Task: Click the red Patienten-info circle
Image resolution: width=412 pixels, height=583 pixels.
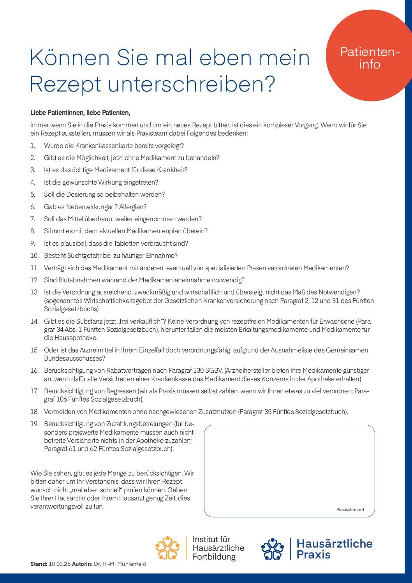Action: point(369,56)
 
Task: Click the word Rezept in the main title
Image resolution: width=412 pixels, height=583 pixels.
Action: point(65,84)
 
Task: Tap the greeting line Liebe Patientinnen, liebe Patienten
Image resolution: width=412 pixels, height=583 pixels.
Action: point(80,113)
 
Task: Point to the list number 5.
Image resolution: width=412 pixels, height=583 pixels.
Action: point(33,194)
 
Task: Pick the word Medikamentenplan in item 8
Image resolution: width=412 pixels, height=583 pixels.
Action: point(154,231)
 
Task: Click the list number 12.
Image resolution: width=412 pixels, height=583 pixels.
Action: point(34,280)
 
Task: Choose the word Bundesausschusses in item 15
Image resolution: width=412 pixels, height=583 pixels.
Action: point(74,358)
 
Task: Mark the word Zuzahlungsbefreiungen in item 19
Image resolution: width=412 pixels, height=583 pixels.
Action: point(139,424)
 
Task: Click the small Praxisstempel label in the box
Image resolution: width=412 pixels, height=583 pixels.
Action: point(350,509)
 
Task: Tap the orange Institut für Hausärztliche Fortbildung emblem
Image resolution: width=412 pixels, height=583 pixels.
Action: point(167,548)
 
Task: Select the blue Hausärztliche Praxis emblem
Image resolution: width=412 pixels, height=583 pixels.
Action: point(273,549)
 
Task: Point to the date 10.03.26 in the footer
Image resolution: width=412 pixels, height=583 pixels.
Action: point(60,564)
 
